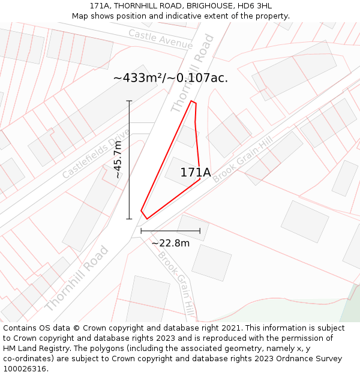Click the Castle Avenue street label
[x=160, y=40]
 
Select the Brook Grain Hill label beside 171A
[x=242, y=159]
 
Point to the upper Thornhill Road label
[x=192, y=73]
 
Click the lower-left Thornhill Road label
[x=76, y=278]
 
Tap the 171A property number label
[x=196, y=173]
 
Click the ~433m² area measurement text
[x=170, y=78]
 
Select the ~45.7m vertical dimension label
[x=118, y=160]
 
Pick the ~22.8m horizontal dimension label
[x=170, y=243]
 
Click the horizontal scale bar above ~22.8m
[x=170, y=231]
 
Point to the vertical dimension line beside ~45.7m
[x=129, y=160]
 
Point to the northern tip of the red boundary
[x=192, y=101]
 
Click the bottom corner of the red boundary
[x=146, y=218]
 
